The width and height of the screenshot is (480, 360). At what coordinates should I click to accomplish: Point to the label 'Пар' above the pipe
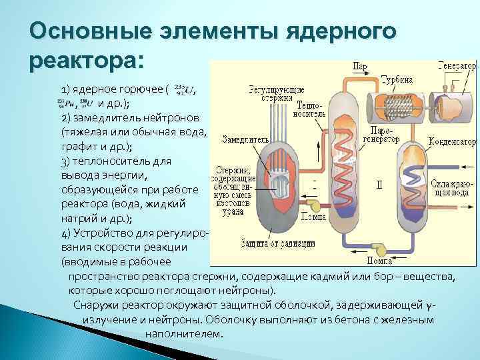[x=361, y=67]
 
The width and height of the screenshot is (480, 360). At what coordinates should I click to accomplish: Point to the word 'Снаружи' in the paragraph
[x=97, y=305]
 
